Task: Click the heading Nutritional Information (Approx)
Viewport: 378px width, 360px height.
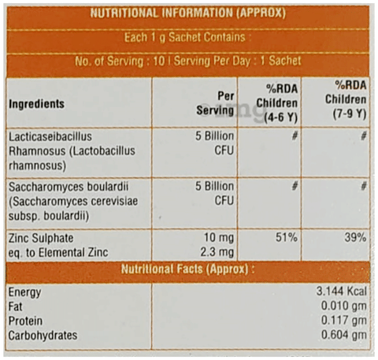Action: pyautogui.click(x=188, y=13)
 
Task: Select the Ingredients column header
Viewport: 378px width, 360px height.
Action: pyautogui.click(x=36, y=104)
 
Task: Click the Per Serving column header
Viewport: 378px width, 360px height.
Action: pyautogui.click(x=215, y=103)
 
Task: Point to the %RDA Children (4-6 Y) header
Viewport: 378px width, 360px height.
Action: pyautogui.click(x=277, y=103)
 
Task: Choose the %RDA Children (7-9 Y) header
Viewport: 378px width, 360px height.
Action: pyautogui.click(x=346, y=99)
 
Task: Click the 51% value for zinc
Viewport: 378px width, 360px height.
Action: pyautogui.click(x=287, y=237)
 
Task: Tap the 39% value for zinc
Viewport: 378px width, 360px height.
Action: pyautogui.click(x=355, y=237)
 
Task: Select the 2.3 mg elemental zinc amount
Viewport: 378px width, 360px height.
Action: pyautogui.click(x=217, y=252)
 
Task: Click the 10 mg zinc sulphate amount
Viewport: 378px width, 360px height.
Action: pyautogui.click(x=219, y=238)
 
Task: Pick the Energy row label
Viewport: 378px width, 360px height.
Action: pyautogui.click(x=24, y=292)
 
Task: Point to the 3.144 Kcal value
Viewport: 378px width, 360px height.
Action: pyautogui.click(x=341, y=291)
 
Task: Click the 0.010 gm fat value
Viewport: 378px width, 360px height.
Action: pyautogui.click(x=344, y=306)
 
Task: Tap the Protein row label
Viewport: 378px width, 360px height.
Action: pyautogui.click(x=25, y=321)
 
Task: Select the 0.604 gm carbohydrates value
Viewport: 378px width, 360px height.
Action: pyautogui.click(x=344, y=335)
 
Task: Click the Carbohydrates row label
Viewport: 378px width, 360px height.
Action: pyautogui.click(x=43, y=336)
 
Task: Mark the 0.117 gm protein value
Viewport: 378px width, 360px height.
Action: pyautogui.click(x=344, y=321)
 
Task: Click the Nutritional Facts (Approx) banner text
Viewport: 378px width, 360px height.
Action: pyautogui.click(x=187, y=269)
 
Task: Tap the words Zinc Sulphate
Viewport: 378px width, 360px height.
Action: pyautogui.click(x=41, y=239)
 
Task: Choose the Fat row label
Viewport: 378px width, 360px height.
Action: pyautogui.click(x=15, y=306)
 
